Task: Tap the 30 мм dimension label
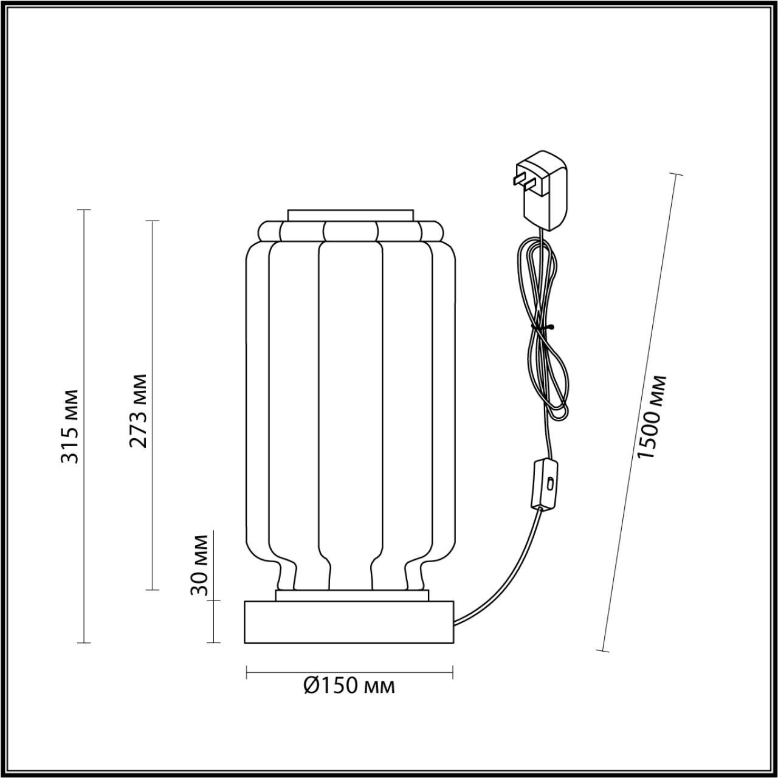click(x=201, y=565)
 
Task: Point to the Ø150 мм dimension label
click(x=349, y=686)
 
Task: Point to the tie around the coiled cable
click(x=540, y=328)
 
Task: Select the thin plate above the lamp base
click(x=352, y=595)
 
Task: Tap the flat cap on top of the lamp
click(x=351, y=215)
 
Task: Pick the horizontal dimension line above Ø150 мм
click(x=349, y=672)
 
